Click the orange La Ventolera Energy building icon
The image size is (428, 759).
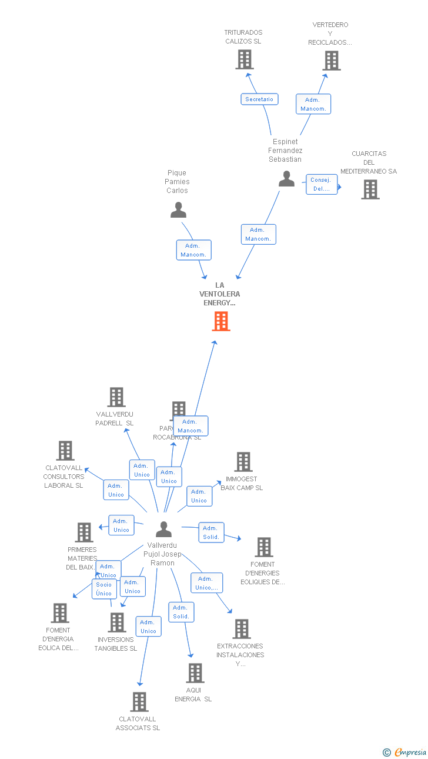(x=221, y=321)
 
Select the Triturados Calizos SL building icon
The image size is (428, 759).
(x=245, y=59)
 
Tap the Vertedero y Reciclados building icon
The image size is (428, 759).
(x=332, y=60)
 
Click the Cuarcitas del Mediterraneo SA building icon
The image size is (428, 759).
(x=370, y=189)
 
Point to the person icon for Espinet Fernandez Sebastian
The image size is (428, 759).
(x=286, y=179)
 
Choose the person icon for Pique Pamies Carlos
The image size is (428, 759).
(x=178, y=209)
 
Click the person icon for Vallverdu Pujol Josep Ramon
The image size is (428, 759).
(x=163, y=529)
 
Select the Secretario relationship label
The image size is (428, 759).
(x=259, y=99)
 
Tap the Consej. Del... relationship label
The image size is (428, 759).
(x=322, y=184)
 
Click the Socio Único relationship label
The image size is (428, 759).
(x=104, y=589)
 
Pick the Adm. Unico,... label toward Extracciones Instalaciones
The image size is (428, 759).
(x=207, y=583)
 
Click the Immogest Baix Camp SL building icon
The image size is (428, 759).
(x=243, y=462)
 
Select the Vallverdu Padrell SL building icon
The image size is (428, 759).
(x=116, y=397)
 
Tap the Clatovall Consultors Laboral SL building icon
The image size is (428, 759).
(x=65, y=451)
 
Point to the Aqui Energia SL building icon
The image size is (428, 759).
(x=195, y=673)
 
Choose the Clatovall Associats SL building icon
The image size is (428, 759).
(x=139, y=702)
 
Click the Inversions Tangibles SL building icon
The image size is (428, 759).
(x=117, y=622)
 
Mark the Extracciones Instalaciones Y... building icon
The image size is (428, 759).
(x=241, y=629)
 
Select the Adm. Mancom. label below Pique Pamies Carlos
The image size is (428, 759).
(x=193, y=250)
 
